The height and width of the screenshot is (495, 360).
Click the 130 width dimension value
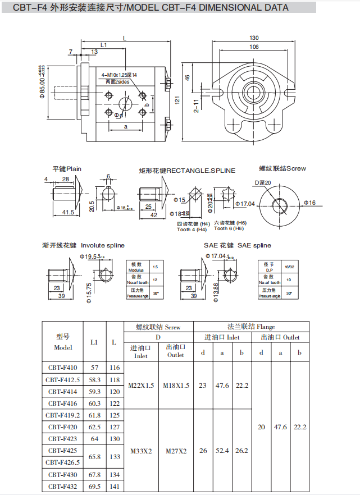[254, 38]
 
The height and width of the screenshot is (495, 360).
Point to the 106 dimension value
[254, 47]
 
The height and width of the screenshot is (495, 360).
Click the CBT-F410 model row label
[63, 368]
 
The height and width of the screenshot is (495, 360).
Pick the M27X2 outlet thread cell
[176, 451]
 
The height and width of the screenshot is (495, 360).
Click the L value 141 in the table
[115, 487]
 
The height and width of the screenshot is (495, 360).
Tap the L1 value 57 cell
[94, 368]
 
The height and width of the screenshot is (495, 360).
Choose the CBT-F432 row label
[63, 487]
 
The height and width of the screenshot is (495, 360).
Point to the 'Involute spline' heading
[103, 245]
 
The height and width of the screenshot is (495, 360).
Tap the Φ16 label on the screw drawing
[309, 203]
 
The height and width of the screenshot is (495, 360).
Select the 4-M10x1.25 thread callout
[119, 75]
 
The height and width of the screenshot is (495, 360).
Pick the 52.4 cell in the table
[222, 451]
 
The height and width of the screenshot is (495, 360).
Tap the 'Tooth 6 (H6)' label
[230, 228]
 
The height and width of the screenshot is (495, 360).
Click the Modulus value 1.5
[155, 267]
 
